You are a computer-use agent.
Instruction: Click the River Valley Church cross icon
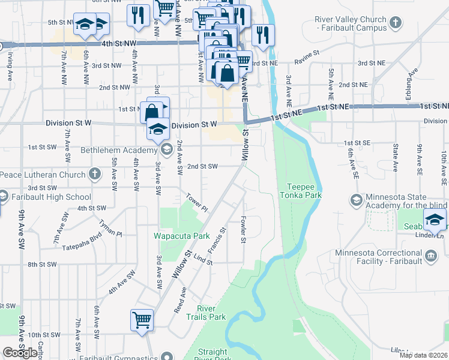point(395,23)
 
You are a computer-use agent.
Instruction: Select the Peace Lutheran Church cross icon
point(94,175)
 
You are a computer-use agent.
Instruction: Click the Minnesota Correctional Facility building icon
point(431,257)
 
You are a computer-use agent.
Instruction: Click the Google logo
point(20,352)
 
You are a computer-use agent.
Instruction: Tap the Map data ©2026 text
point(423,355)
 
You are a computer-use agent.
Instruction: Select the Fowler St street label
point(244,230)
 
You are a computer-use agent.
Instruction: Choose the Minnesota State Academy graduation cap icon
point(355,199)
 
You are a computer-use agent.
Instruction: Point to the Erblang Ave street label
point(412,79)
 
